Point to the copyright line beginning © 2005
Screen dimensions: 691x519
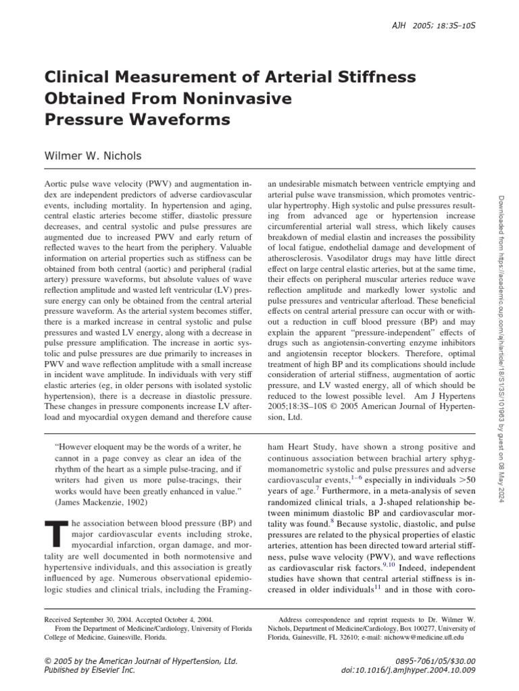140,660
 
